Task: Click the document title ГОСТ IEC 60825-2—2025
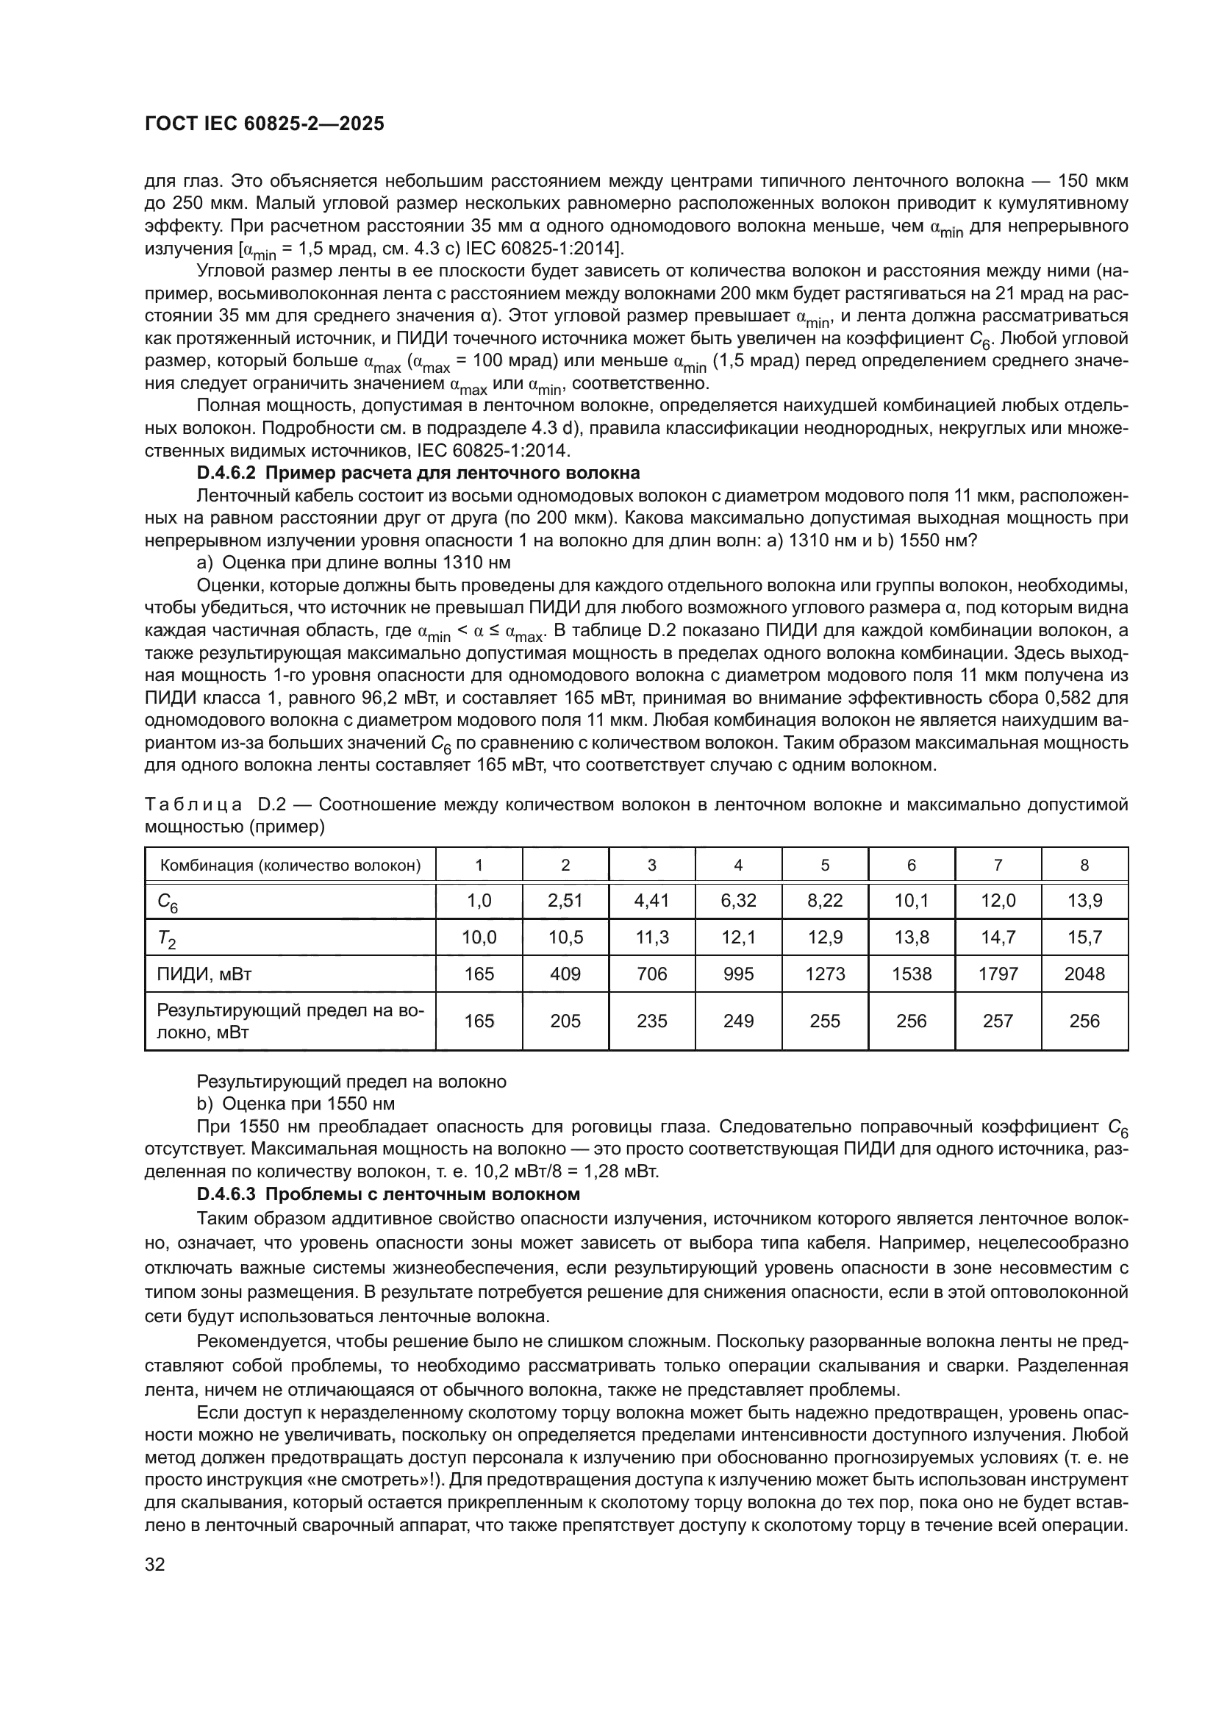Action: coord(265,124)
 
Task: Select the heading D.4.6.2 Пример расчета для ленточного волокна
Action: coord(418,473)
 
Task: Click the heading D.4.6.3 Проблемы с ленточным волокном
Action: coord(388,1193)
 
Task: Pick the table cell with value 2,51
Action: coord(565,901)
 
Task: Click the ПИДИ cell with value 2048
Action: coord(1084,974)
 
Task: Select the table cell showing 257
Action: coord(998,1021)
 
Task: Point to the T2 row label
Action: coord(166,938)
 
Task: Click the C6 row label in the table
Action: coord(167,902)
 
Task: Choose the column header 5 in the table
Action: coord(824,866)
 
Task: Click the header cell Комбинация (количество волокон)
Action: coord(290,866)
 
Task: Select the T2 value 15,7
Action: coord(1084,937)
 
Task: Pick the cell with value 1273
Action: coord(824,974)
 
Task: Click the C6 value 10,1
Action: coord(911,901)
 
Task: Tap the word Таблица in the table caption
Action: coord(193,805)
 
